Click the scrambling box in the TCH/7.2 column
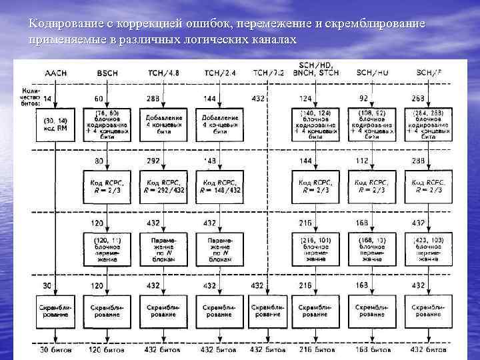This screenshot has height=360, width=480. click(267, 310)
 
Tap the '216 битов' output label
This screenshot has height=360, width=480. click(315, 349)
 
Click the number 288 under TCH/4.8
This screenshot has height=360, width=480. click(153, 98)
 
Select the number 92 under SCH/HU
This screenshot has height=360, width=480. click(364, 98)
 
